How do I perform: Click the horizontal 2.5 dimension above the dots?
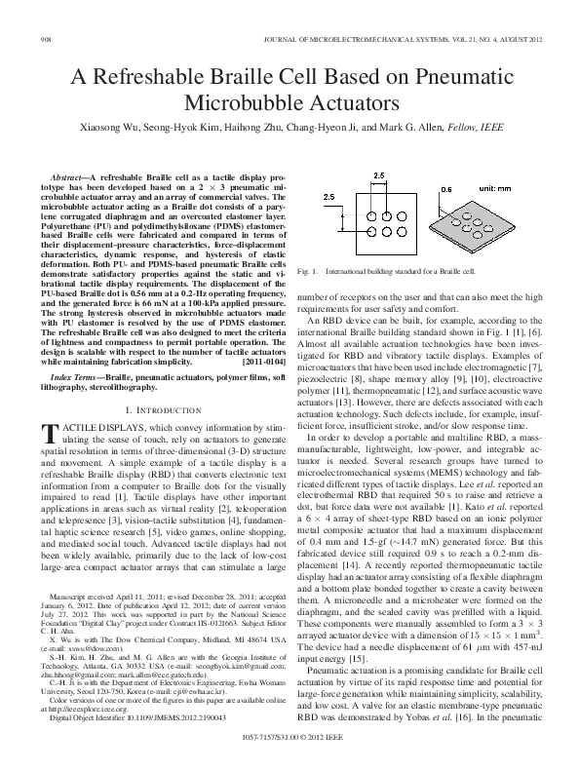[x=380, y=174]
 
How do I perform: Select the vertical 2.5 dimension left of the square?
[x=329, y=197]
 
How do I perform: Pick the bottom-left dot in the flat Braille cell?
[x=369, y=242]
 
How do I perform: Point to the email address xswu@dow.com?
[x=87, y=646]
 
